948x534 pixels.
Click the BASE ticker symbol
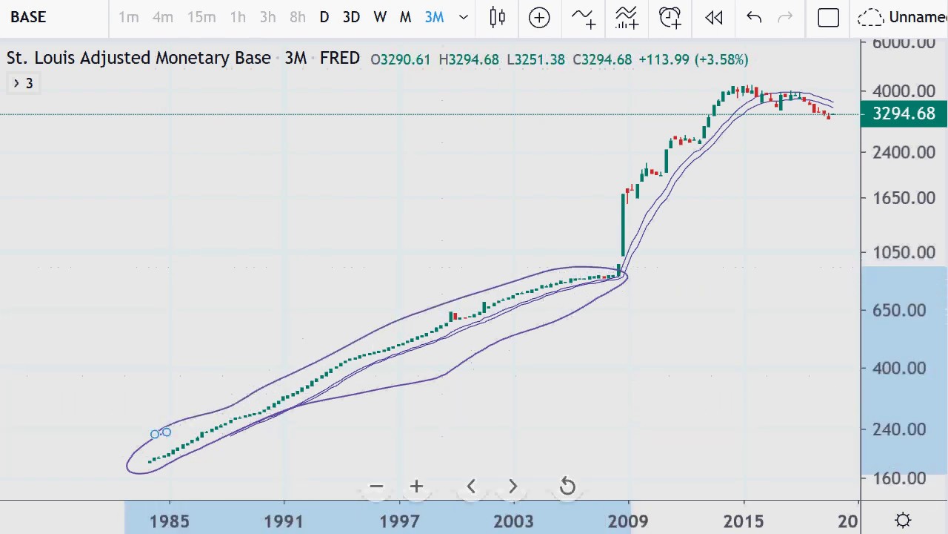coord(28,17)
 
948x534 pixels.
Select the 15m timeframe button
coord(201,17)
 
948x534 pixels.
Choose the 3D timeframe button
coord(351,17)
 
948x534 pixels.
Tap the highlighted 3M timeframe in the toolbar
coord(435,17)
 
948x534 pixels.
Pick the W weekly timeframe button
coord(380,17)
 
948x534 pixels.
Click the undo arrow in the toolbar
coord(754,17)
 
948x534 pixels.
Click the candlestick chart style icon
coord(498,17)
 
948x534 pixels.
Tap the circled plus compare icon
coord(539,17)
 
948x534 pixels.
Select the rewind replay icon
coord(714,17)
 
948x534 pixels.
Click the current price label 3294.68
coord(904,113)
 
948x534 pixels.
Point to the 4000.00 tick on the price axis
coord(904,91)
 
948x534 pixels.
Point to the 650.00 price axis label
coord(899,310)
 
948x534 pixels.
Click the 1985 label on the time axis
coord(170,521)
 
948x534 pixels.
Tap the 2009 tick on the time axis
coord(628,521)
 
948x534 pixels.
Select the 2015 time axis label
coord(744,521)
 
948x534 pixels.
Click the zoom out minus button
coord(376,487)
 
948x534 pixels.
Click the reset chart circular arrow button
coord(567,487)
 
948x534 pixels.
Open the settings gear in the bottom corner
coord(903,521)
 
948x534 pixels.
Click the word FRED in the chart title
coord(340,59)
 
